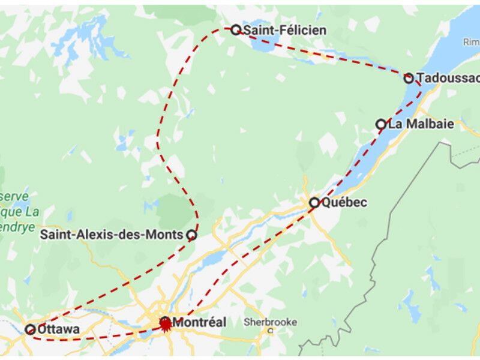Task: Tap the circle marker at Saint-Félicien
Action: [x=236, y=29]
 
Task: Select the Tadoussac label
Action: [x=448, y=78]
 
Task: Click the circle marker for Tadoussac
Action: [x=409, y=78]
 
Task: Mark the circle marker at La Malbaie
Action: [x=381, y=124]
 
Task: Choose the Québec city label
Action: [x=344, y=203]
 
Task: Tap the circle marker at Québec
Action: [x=314, y=203]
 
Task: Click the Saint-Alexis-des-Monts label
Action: [x=111, y=235]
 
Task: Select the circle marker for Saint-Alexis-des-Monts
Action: [x=191, y=235]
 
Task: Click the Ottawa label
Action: [x=58, y=329]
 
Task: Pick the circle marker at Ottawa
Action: [x=30, y=329]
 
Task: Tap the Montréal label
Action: [x=199, y=323]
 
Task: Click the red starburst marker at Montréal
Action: [x=165, y=324]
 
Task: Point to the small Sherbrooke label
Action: [x=270, y=322]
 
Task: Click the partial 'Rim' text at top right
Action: [x=471, y=41]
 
